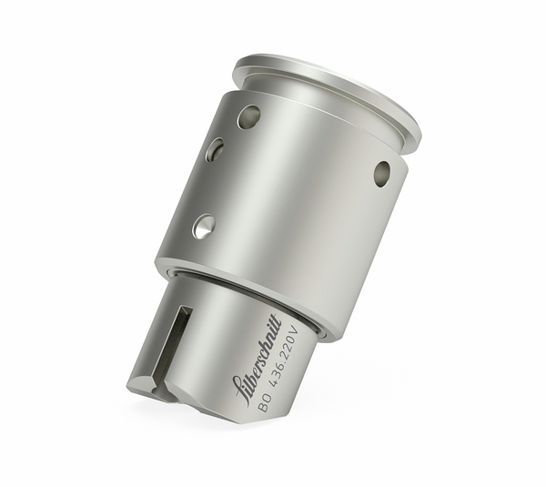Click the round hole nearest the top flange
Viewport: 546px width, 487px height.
point(248,116)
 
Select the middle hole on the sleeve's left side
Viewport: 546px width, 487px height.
point(215,149)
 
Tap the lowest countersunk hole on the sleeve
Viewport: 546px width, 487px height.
point(204,226)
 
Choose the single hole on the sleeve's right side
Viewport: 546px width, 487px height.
point(382,173)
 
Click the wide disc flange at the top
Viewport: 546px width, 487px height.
point(328,91)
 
